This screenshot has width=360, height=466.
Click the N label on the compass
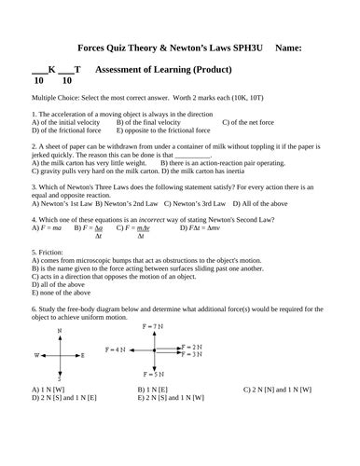[59, 332]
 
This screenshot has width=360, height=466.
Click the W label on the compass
[37, 355]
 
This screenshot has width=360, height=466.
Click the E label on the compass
[82, 355]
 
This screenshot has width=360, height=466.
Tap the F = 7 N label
[151, 326]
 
